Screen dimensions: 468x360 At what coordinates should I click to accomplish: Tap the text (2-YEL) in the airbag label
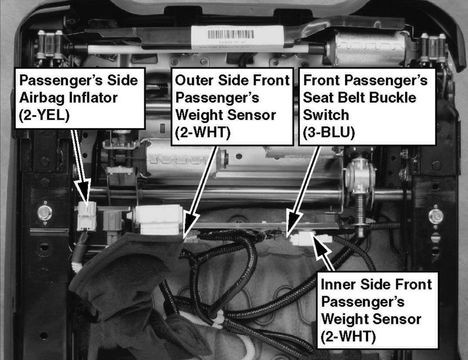(x=44, y=115)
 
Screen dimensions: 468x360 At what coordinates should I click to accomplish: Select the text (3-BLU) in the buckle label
(x=329, y=133)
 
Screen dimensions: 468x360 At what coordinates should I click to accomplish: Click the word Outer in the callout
(x=194, y=80)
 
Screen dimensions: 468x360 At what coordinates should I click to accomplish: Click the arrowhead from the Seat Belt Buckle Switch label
(x=292, y=222)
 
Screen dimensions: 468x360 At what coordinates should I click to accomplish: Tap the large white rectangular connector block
(x=158, y=220)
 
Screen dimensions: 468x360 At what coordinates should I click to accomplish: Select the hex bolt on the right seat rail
(x=435, y=216)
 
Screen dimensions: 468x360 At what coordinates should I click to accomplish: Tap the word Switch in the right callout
(x=325, y=115)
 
